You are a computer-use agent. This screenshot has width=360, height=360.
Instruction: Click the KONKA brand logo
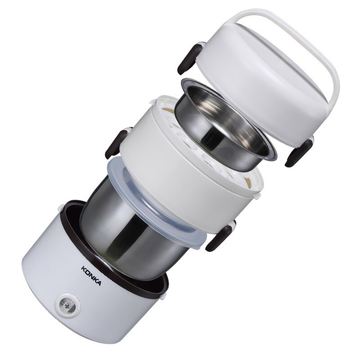click(91, 276)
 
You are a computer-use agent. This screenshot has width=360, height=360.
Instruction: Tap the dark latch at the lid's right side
click(299, 152)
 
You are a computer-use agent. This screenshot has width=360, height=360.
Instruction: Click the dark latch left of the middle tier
click(116, 143)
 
